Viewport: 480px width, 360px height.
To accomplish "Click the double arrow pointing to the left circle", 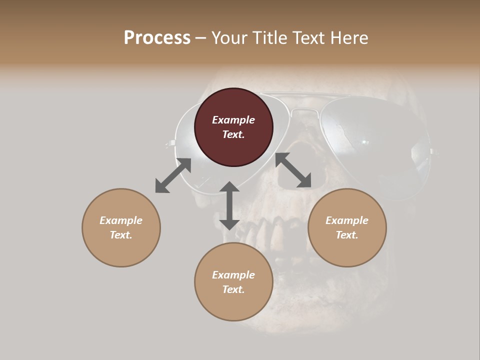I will point(173,175).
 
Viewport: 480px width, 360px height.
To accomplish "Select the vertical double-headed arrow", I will point(229,205).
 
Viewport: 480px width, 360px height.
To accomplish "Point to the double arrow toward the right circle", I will point(293,170).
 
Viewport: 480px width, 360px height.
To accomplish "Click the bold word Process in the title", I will point(157,37).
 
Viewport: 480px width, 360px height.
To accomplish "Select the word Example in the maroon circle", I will point(233,120).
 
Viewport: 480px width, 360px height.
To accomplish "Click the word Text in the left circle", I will point(121,235).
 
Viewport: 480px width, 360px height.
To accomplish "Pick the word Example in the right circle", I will point(347,220).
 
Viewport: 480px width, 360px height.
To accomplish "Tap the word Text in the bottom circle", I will point(233,289).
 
